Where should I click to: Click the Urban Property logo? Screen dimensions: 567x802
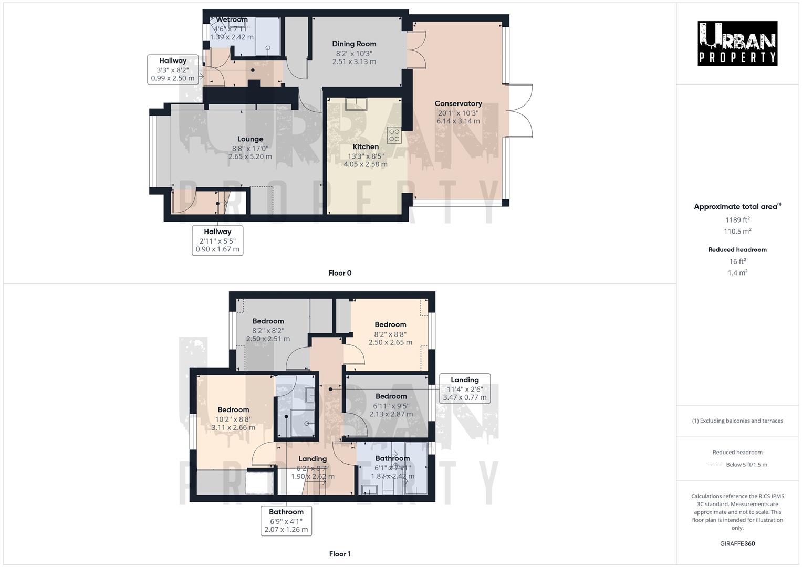[x=737, y=44]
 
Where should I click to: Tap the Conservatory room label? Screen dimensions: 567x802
[x=458, y=103]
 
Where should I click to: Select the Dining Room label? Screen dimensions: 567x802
[x=354, y=44]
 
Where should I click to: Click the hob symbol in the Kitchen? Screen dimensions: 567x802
[x=394, y=135]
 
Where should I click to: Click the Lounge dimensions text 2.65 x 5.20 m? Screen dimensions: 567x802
[x=250, y=156]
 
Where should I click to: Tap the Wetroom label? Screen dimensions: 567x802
[x=232, y=20]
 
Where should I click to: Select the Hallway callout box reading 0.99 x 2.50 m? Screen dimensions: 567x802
[x=173, y=69]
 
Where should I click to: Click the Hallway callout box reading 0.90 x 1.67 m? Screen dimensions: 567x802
[x=217, y=240]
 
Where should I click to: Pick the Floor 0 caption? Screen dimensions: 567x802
[x=340, y=273]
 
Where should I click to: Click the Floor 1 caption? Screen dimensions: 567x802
[x=340, y=554]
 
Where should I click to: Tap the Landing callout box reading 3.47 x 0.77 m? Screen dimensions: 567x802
[x=464, y=388]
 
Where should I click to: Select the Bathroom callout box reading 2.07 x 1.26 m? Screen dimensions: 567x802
[x=286, y=521]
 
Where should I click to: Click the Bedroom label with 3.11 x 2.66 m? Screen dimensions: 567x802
[x=233, y=410]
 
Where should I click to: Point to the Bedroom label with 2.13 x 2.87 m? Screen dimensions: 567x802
[x=391, y=396]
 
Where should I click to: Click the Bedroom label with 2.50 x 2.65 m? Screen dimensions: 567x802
[x=390, y=324]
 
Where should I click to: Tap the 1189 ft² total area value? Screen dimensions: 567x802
[x=737, y=220]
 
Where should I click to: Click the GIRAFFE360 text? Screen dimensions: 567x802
[x=737, y=543]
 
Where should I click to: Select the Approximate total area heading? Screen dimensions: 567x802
[x=737, y=207]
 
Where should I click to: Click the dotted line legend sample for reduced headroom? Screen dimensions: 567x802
[x=715, y=465]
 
